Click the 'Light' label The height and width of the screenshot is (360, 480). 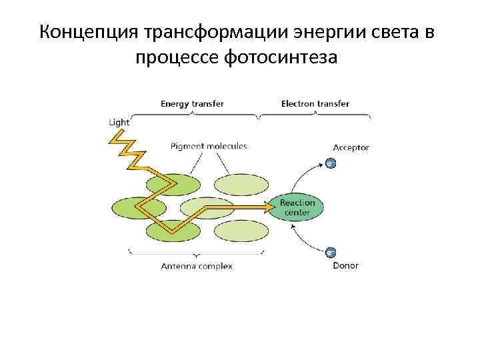point(119,123)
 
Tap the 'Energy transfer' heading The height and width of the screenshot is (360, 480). point(192,104)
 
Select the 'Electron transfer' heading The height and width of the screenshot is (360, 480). point(315,104)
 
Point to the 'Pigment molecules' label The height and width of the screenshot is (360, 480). point(209,146)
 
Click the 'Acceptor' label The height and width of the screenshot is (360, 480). point(351,148)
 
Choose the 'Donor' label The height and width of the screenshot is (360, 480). point(345,265)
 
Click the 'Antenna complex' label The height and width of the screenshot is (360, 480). point(197,266)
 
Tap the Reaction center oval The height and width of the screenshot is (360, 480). point(297,207)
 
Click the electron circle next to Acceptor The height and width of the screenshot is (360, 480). point(330,162)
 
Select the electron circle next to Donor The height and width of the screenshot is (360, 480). point(330,252)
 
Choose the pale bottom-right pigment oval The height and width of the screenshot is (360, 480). point(241,231)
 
